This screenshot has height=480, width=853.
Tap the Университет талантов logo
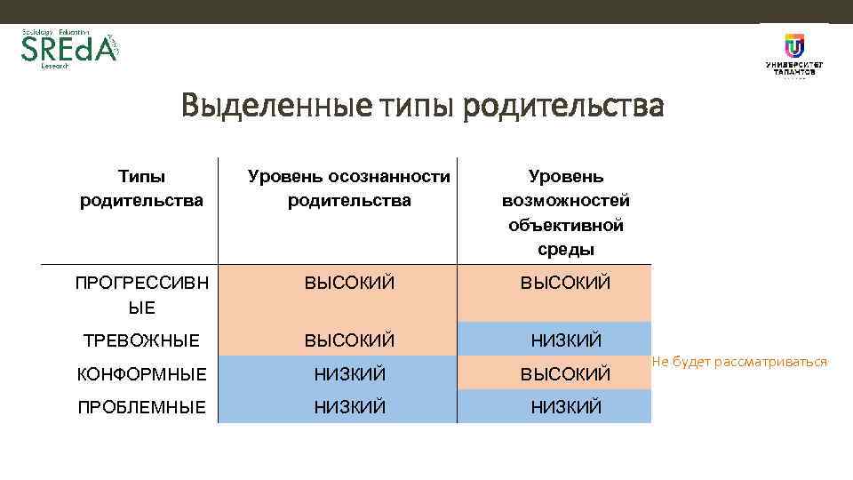(x=793, y=55)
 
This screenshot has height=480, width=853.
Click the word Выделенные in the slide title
(x=276, y=108)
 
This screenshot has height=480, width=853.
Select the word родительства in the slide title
(x=563, y=108)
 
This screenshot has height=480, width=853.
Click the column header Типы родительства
(x=142, y=188)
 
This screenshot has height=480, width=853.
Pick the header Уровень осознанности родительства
(x=349, y=188)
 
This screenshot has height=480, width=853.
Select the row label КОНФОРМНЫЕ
(x=142, y=374)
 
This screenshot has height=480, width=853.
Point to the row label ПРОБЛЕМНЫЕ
(x=142, y=407)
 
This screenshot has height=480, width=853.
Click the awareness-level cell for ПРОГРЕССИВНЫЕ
(x=349, y=284)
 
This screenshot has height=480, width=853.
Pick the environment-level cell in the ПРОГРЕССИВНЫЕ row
(x=566, y=284)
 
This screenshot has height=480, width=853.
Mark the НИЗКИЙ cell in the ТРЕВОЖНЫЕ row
(x=566, y=340)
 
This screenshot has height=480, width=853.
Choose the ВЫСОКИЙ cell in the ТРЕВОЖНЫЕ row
(x=349, y=340)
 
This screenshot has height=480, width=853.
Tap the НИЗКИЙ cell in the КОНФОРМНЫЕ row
(x=349, y=374)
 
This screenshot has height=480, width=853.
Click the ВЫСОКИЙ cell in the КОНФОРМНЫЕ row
(x=566, y=374)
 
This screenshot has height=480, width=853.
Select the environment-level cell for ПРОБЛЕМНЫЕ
(x=566, y=407)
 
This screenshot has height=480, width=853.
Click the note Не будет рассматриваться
(x=739, y=362)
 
